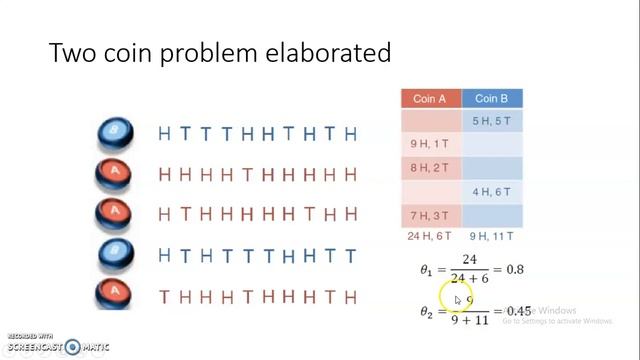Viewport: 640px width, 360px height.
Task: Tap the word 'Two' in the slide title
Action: point(73,53)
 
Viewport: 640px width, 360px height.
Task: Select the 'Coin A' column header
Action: point(430,99)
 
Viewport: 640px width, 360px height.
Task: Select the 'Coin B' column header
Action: point(491,99)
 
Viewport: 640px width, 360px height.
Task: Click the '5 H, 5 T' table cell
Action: point(491,122)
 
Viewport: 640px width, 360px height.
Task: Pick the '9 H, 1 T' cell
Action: point(430,145)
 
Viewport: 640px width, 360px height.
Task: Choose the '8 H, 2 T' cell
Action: point(430,168)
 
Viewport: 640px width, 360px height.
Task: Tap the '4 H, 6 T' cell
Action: point(491,192)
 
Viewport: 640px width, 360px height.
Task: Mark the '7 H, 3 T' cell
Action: point(430,215)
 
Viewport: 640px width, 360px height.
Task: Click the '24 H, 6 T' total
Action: point(430,236)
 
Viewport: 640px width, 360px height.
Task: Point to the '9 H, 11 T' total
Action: point(491,236)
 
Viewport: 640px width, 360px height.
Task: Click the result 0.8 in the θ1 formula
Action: point(514,270)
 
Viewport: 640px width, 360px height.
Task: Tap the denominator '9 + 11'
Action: point(469,322)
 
